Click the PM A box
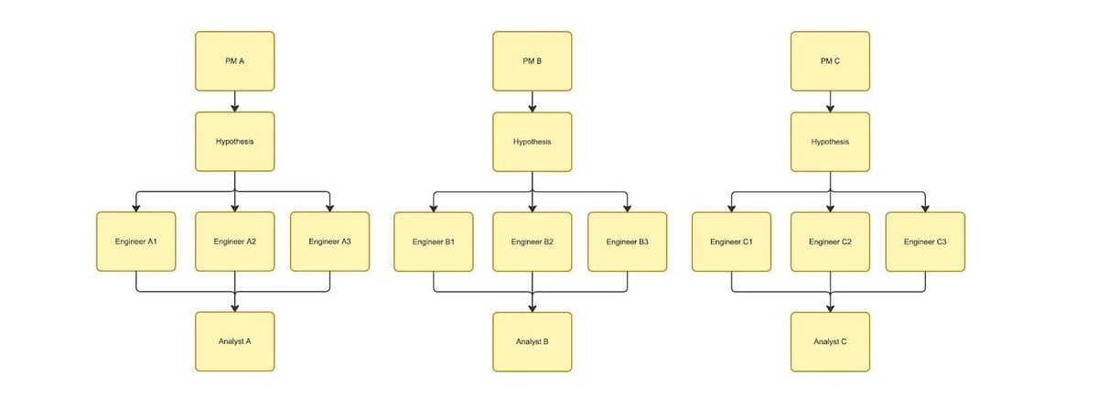point(235,61)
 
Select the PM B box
point(533,61)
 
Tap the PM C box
point(831,61)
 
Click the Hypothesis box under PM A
point(235,142)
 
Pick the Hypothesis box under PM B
point(533,142)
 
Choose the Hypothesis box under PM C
point(831,142)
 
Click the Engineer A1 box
point(135,242)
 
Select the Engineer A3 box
point(330,242)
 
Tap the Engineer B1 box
point(434,242)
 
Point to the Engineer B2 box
point(533,242)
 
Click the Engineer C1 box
point(731,242)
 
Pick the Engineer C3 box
point(925,242)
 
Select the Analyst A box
point(235,341)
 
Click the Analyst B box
point(533,342)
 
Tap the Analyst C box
point(831,342)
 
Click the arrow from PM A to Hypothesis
point(235,102)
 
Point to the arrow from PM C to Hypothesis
point(831,102)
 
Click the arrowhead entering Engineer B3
point(628,209)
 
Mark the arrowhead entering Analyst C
point(831,308)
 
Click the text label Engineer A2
point(235,242)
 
